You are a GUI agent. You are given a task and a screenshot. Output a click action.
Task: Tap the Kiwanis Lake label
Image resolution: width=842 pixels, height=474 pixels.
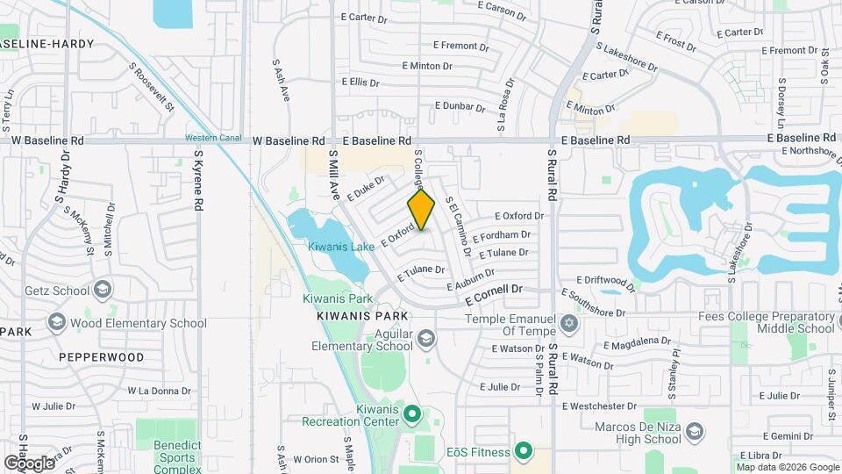tap(341, 247)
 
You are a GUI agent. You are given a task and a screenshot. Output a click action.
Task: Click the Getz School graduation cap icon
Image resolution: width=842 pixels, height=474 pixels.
tap(103, 290)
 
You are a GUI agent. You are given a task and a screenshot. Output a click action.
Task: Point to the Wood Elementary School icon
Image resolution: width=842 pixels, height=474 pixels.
tap(59, 322)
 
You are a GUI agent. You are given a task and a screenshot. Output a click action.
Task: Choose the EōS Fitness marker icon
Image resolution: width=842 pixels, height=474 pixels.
tap(524, 452)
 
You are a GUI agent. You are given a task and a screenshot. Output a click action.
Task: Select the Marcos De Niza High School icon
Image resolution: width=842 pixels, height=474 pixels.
tap(694, 432)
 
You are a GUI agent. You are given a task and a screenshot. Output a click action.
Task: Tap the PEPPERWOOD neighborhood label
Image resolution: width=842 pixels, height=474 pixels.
tap(101, 358)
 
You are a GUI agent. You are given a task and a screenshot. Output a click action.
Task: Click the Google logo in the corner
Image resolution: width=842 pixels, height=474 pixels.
tap(29, 462)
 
